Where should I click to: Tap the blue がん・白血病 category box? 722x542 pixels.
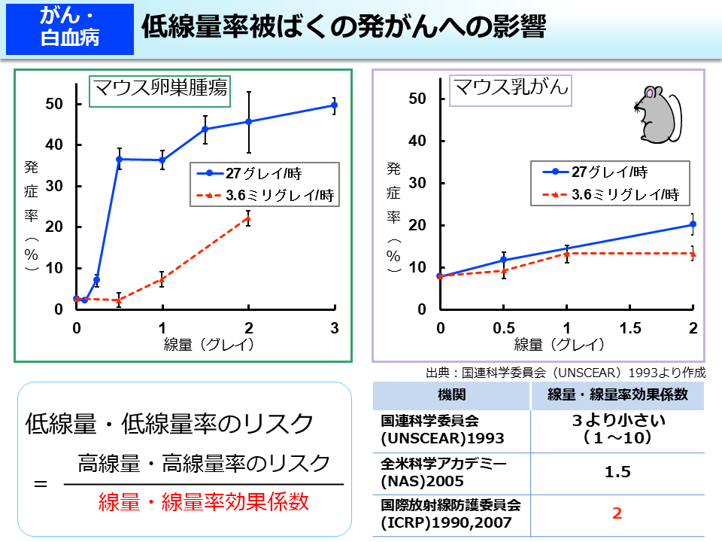tap(69, 28)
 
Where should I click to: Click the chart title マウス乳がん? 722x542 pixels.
tap(509, 89)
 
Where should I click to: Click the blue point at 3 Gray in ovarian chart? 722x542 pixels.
tap(334, 105)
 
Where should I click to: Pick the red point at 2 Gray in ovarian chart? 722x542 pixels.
tap(248, 218)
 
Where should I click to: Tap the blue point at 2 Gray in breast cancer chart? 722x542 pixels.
tap(693, 224)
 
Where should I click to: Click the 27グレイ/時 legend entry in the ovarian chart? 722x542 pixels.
tap(253, 172)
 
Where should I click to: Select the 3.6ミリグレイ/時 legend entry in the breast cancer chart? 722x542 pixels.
tap(609, 193)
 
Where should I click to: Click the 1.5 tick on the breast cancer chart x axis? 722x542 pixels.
tap(629, 328)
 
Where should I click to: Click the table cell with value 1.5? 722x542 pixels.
tap(617, 472)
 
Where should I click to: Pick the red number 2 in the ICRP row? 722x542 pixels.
tap(617, 514)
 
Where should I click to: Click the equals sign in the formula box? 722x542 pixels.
tap(41, 483)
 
